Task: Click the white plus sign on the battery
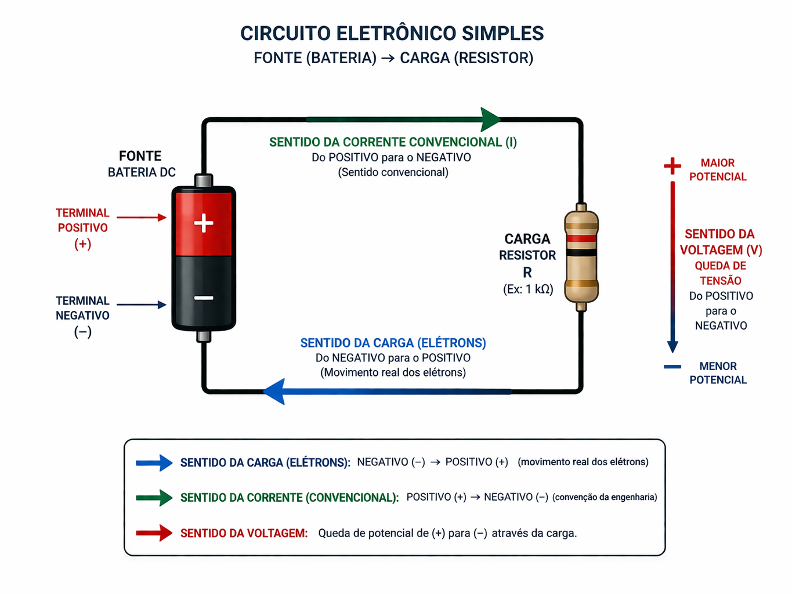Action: point(204,223)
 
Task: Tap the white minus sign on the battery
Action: point(204,298)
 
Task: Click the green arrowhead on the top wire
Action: point(490,119)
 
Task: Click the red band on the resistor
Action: point(581,238)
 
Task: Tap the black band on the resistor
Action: point(581,253)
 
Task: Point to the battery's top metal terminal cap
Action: point(204,180)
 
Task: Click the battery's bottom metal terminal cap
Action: point(204,336)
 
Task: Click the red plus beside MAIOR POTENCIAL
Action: point(672,166)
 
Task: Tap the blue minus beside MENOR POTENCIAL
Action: point(672,367)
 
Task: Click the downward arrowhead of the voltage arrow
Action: point(672,346)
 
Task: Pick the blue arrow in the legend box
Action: point(154,463)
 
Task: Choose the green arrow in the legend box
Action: point(154,498)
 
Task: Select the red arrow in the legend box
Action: point(154,533)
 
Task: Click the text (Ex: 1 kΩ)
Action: point(527,289)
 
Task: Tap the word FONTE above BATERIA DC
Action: point(140,156)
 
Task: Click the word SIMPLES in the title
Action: point(502,34)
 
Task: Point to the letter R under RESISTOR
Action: point(527,272)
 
